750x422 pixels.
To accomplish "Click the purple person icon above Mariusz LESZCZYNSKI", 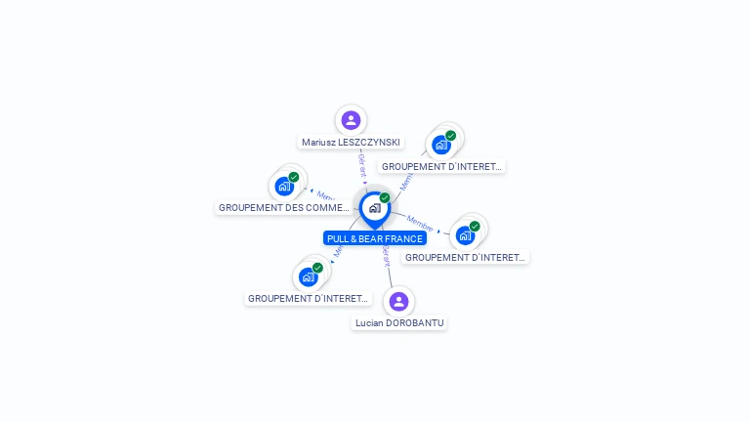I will (x=351, y=120).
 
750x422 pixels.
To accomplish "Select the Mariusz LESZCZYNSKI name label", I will (x=351, y=143).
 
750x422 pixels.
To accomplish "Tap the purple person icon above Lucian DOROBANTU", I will (x=398, y=301).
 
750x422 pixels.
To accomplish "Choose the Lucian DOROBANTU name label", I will (x=399, y=323).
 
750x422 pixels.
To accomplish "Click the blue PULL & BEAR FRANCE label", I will (x=375, y=238).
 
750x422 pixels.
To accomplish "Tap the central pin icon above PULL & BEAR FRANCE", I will (x=374, y=208).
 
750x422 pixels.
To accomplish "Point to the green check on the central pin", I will (x=385, y=198).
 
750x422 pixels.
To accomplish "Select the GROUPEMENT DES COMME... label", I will (x=284, y=208).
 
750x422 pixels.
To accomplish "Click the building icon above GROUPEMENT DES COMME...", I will (x=284, y=186).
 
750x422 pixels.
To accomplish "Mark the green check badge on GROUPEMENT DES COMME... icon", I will (x=294, y=177).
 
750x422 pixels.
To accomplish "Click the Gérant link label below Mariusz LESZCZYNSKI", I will (x=361, y=163).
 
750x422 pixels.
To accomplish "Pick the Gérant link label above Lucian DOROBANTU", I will (x=387, y=256).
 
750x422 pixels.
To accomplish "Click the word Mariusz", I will (x=318, y=143).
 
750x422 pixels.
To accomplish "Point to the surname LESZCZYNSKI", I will (x=368, y=143).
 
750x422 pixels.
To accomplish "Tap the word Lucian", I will (x=370, y=323).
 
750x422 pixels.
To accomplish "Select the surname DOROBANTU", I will (x=415, y=323).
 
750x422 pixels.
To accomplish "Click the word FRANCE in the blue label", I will (x=404, y=238).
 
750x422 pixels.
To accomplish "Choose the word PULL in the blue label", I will (x=338, y=238).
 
